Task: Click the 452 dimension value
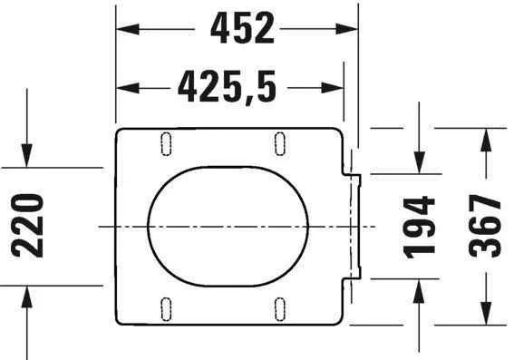[242, 29]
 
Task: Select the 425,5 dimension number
[227, 88]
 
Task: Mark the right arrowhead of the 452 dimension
[348, 29]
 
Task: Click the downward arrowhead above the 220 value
[28, 158]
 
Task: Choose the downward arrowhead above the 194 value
[419, 163]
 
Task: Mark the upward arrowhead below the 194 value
[419, 287]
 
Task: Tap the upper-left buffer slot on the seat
[166, 142]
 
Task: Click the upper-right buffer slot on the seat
[280, 142]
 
